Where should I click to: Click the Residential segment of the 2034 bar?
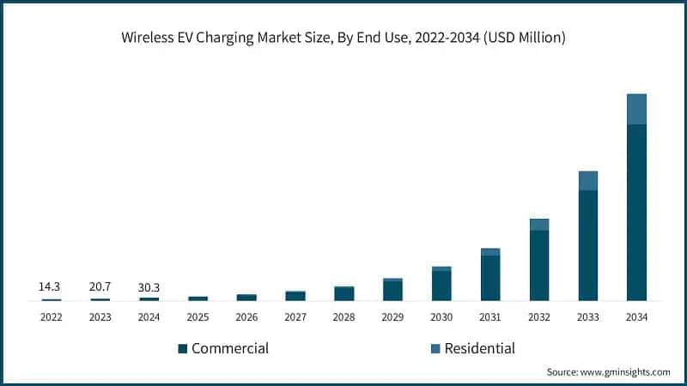636,109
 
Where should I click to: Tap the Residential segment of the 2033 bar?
587,180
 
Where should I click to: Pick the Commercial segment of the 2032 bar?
538,265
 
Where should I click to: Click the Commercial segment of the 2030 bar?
441,285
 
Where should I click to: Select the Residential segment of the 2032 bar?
538,225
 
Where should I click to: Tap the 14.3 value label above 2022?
50,286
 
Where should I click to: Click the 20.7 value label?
100,286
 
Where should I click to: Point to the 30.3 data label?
149,286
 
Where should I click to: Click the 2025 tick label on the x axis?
198,317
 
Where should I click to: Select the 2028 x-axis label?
343,317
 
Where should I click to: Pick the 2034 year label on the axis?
636,317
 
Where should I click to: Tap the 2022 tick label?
51,317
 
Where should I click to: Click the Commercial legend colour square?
182,349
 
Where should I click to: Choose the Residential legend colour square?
435,349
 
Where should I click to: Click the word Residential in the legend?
479,348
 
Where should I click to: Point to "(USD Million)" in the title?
526,38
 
